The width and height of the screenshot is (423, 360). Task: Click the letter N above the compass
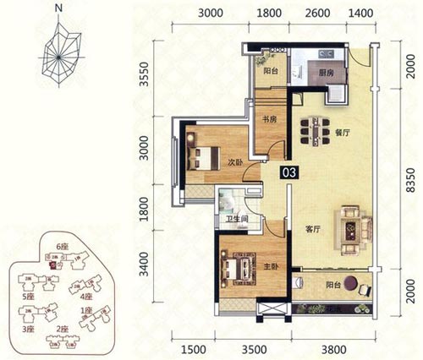click(x=57, y=10)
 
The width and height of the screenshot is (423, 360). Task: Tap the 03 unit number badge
click(x=289, y=172)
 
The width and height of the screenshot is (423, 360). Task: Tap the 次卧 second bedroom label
click(x=234, y=161)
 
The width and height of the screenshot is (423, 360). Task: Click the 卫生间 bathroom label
click(x=235, y=221)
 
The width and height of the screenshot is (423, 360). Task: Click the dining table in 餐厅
click(x=315, y=131)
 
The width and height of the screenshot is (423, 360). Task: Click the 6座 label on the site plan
click(x=62, y=246)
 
